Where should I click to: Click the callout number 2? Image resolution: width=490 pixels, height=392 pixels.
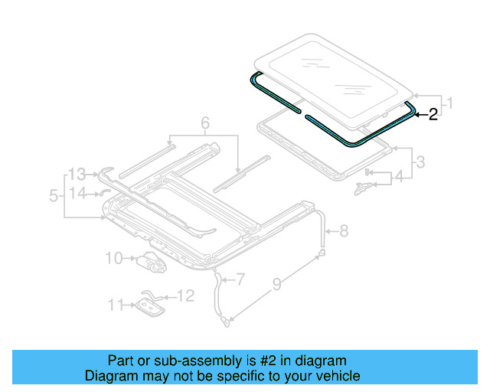coord(433,114)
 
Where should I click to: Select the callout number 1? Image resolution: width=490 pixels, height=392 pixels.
coord(451,102)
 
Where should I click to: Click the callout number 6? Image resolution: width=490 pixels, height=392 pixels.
coord(204,122)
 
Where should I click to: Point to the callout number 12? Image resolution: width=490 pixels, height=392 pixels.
coord(186,295)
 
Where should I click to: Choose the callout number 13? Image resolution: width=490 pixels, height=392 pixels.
coord(78,173)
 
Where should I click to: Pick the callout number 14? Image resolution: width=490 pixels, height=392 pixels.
coord(78,193)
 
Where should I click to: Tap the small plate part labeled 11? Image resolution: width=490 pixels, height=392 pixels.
coord(146,306)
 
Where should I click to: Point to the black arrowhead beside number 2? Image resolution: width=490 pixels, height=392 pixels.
coord(419,114)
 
